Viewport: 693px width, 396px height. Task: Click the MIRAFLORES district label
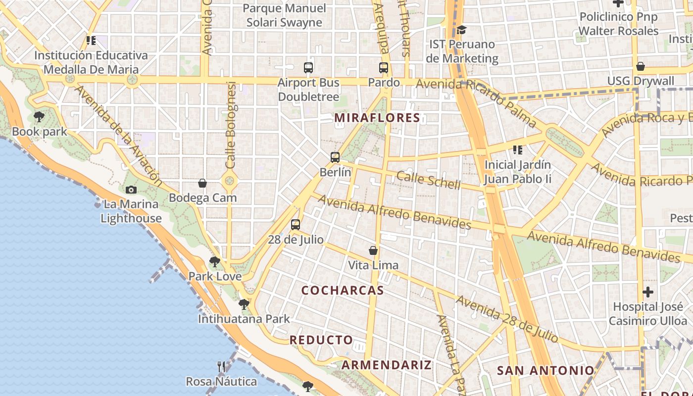[377, 118]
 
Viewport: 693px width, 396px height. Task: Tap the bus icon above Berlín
[335, 157]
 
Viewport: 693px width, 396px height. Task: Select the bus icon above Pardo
[384, 68]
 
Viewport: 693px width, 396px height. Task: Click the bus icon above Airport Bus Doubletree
[308, 68]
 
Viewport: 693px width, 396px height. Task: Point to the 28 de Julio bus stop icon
[296, 225]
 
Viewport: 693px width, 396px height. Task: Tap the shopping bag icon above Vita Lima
[373, 250]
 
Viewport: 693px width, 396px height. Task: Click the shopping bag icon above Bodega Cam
[202, 183]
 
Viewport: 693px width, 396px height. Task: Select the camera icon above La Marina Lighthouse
[131, 190]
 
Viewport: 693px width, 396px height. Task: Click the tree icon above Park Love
[215, 261]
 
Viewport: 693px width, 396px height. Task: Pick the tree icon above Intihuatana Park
[244, 304]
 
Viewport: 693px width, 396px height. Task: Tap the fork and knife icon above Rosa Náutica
[221, 367]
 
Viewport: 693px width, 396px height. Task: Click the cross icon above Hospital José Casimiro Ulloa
[648, 292]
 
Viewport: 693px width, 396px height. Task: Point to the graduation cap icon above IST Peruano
[461, 30]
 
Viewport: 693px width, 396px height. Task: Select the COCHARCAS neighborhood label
[343, 291]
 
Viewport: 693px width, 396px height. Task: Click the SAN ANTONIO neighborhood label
[545, 370]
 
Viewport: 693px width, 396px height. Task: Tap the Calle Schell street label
[428, 180]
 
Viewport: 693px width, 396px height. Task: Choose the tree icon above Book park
[39, 117]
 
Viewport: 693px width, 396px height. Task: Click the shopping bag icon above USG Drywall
[641, 66]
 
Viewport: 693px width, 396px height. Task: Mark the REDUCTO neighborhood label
[321, 340]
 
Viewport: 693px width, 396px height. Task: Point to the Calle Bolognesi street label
[231, 125]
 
